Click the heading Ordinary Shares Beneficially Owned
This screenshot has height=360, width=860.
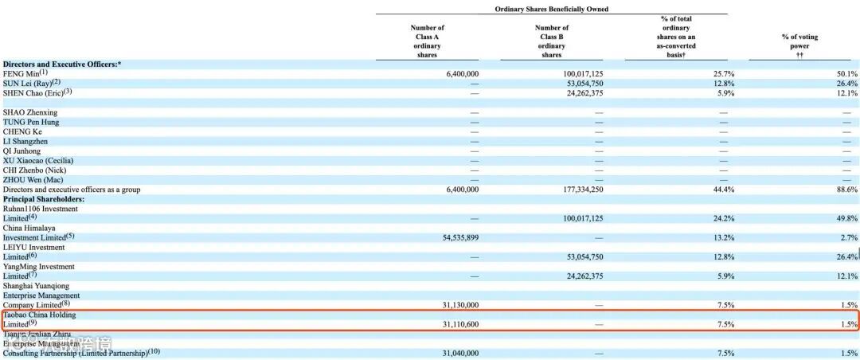[551, 10]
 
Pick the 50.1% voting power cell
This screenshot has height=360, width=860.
[846, 74]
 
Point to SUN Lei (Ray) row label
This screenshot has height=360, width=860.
[30, 84]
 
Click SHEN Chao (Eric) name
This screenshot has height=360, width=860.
[35, 92]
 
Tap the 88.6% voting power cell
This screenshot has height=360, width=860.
[846, 190]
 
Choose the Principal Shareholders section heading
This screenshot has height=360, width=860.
[44, 199]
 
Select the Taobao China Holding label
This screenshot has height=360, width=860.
[39, 315]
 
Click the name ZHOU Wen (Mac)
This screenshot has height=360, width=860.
[33, 180]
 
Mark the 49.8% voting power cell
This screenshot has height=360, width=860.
[846, 218]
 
